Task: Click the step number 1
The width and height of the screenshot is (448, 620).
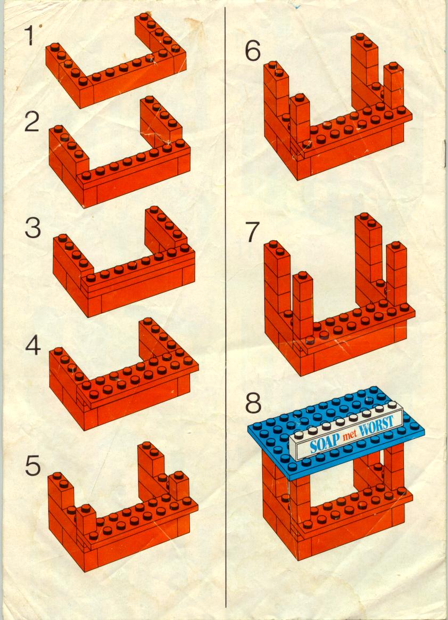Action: tap(30, 36)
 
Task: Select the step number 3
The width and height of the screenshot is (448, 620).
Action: tap(33, 228)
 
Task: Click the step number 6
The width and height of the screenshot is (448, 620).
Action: tap(253, 51)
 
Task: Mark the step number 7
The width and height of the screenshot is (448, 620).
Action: tap(253, 232)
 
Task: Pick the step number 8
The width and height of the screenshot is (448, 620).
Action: tap(253, 403)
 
